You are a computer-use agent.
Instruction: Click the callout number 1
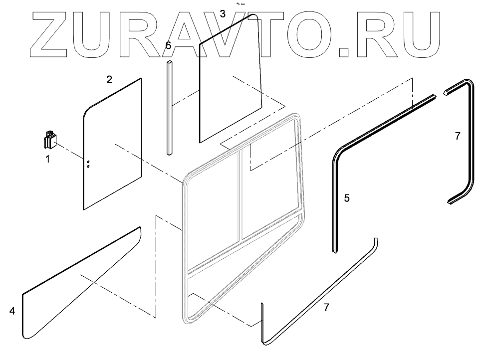48,160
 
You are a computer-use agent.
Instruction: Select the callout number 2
109,79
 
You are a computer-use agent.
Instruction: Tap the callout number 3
223,14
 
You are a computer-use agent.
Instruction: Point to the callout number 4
12,311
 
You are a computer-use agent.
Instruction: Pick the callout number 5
347,198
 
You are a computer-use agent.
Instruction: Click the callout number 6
168,45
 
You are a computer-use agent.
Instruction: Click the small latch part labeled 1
50,140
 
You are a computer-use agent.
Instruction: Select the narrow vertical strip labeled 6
170,107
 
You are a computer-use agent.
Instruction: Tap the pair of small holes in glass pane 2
88,165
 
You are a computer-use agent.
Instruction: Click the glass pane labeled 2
112,145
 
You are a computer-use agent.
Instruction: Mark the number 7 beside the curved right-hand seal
458,136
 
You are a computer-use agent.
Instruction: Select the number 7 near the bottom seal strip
326,307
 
